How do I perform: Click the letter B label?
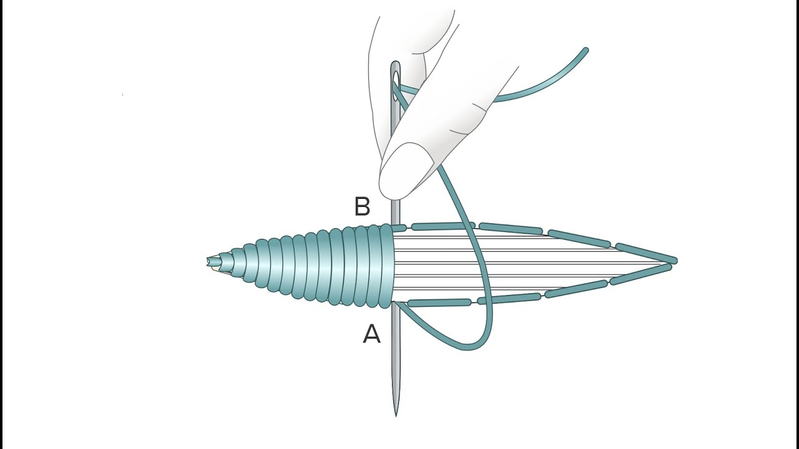point(363,206)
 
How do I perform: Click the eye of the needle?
point(396,85)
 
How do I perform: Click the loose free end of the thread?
point(586,51)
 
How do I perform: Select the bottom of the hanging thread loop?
point(468,347)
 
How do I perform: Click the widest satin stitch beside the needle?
point(386,266)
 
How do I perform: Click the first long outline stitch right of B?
point(443,226)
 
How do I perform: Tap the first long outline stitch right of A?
point(439,303)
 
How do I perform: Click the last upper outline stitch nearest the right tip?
point(646,253)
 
